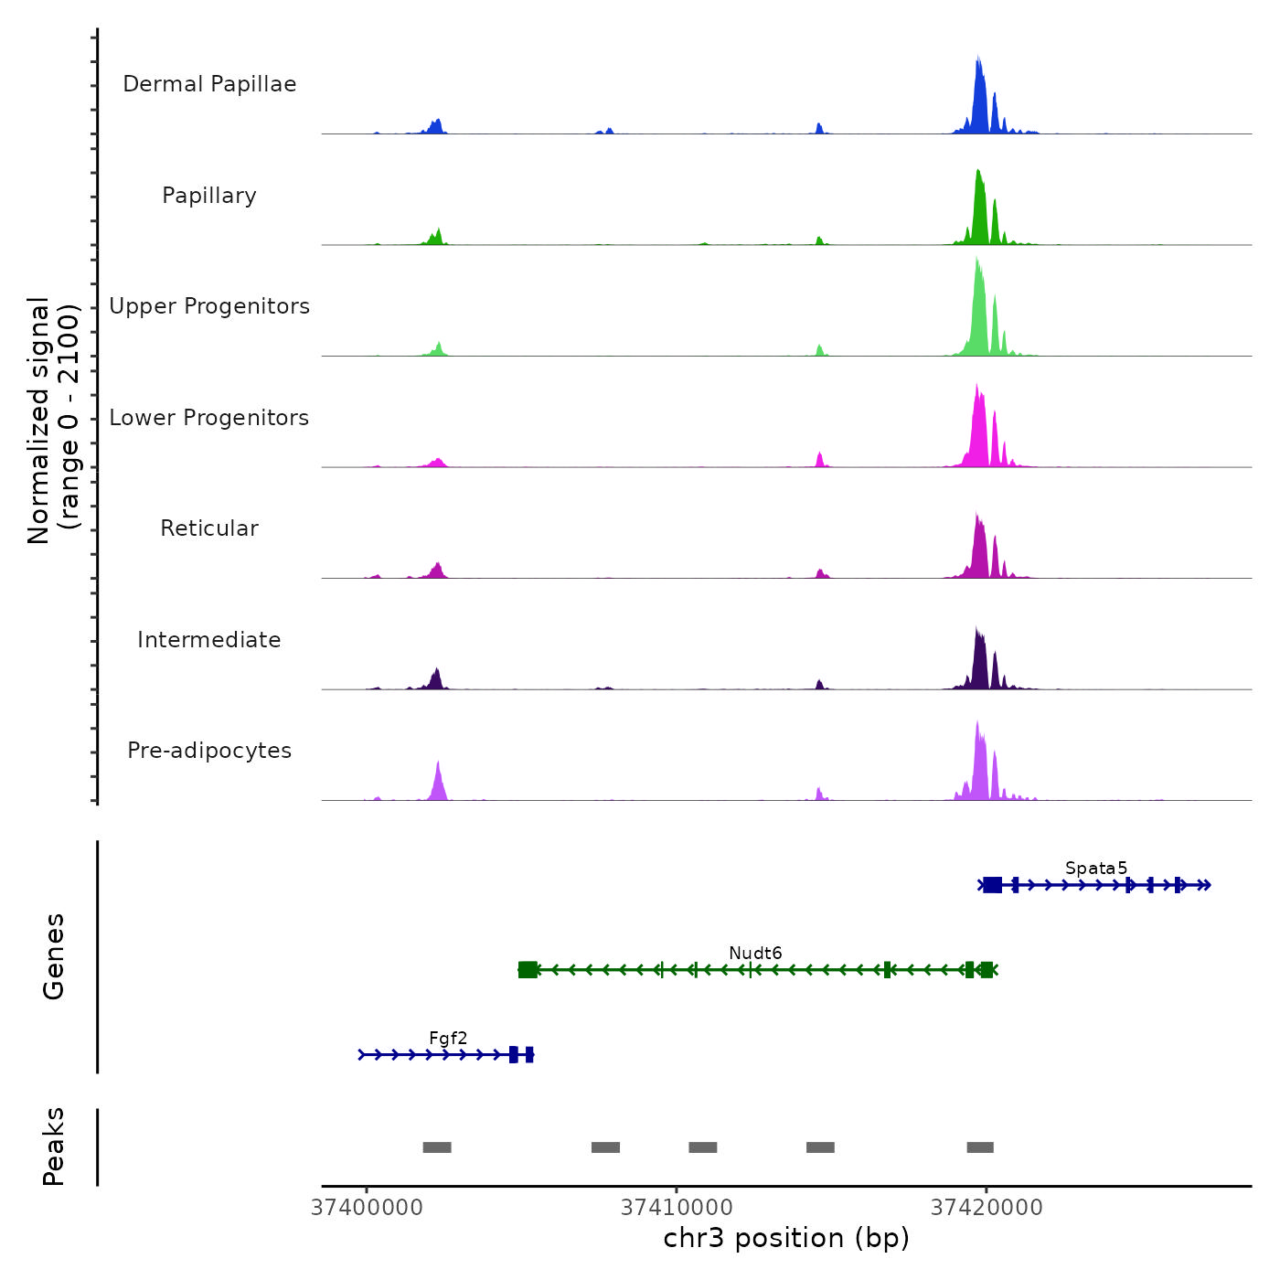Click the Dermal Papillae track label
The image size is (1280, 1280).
pos(209,84)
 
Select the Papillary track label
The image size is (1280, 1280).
pos(209,196)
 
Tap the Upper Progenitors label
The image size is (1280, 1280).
pos(209,306)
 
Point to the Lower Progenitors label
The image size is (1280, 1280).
pos(209,418)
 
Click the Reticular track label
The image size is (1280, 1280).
pos(209,528)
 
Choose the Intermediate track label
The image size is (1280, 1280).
pos(209,640)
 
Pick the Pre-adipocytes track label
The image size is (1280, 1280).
pos(209,751)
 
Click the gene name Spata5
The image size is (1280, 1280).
pos(1095,868)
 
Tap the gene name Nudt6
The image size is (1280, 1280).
pos(755,953)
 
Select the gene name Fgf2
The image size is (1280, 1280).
pos(448,1038)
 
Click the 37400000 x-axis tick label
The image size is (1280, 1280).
pos(367,1208)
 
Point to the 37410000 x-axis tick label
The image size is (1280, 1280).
pos(677,1208)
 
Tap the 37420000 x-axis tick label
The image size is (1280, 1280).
pos(987,1208)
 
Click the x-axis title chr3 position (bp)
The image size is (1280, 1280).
pos(786,1238)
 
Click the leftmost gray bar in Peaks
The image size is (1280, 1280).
pos(437,1147)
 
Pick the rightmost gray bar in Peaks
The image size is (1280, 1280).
pos(980,1147)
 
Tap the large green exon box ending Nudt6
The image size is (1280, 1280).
pos(528,970)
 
